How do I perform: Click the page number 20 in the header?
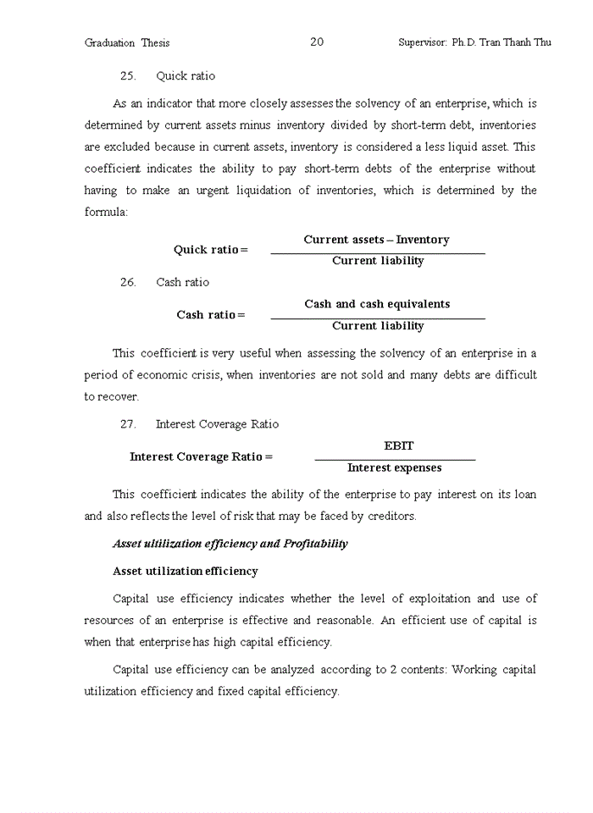[x=317, y=41]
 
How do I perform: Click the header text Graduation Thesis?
[x=127, y=43]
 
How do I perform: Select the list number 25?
[x=128, y=76]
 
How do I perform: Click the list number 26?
[x=128, y=283]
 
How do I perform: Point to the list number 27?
[x=128, y=424]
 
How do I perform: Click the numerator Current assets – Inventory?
[x=377, y=240]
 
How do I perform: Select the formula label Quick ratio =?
[x=211, y=250]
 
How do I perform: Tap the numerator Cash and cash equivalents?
[x=377, y=304]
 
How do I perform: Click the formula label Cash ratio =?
[x=211, y=315]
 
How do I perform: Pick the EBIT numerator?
[x=399, y=445]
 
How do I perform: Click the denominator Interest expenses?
[x=394, y=467]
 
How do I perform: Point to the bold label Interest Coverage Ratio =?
[x=201, y=456]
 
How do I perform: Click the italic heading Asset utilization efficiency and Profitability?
[x=230, y=544]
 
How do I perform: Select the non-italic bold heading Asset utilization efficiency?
[x=186, y=572]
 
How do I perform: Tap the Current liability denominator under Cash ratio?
[x=378, y=326]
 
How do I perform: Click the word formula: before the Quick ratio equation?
[x=106, y=212]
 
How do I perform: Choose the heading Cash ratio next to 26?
[x=182, y=283]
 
